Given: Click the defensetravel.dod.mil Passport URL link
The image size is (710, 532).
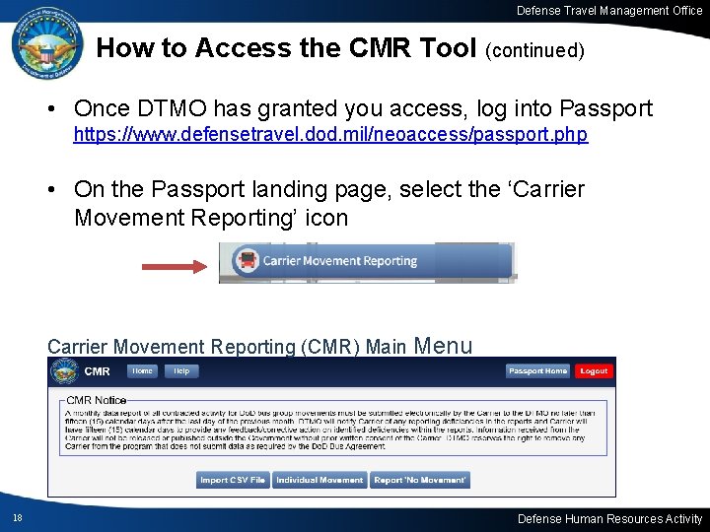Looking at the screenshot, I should point(330,134).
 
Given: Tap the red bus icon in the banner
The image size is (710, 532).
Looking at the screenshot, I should point(247,261).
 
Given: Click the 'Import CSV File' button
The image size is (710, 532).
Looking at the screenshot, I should point(233,480).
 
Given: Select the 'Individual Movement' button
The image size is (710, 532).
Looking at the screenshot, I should point(319,480).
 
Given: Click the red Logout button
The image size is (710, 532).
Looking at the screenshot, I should point(594,371).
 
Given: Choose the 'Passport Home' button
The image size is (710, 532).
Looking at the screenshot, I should point(537,371).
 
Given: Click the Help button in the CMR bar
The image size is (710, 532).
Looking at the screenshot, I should point(181,371).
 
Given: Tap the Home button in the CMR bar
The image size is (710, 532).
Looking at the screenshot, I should point(143,371).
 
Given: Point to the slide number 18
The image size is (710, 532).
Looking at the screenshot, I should point(18,518).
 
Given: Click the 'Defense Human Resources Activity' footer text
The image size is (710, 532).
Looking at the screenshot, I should point(610,518).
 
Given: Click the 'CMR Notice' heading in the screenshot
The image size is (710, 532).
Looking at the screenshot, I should point(97,400).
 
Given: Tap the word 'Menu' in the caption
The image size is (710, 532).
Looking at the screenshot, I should point(444,345).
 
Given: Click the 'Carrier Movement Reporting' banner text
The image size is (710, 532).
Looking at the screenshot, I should point(340,261).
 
